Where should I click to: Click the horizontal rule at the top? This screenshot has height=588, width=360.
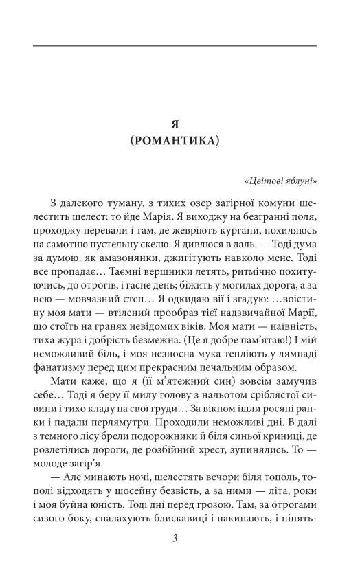pyautogui.click(x=175, y=46)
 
